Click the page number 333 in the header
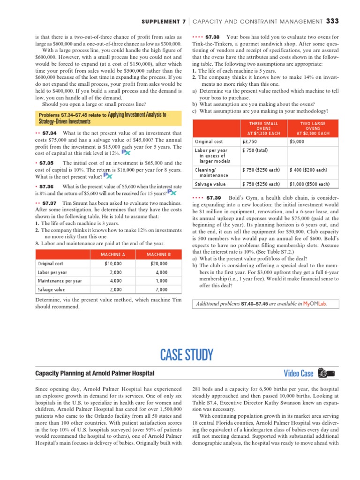332,21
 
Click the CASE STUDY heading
180,354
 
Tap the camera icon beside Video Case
326,374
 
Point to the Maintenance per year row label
60,281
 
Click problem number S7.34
49,134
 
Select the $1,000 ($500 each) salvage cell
309,184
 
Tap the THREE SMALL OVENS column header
263,128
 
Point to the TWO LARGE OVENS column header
313,128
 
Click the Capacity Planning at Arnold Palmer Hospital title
95,373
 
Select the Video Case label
298,374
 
